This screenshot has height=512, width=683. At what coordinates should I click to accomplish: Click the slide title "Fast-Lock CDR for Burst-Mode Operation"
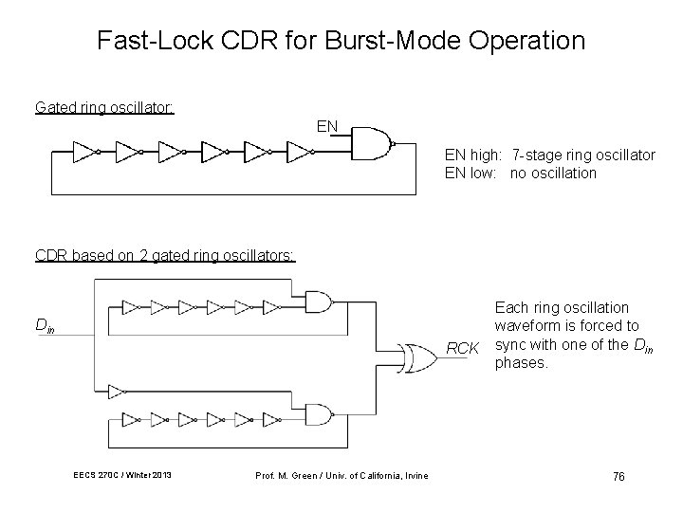(x=341, y=41)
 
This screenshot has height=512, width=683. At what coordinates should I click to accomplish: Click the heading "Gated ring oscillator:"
(x=104, y=108)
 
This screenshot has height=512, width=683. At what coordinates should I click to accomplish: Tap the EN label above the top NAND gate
(x=327, y=125)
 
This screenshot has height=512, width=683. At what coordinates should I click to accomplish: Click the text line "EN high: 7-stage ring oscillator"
(x=549, y=155)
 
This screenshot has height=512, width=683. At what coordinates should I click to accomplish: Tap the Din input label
(x=45, y=325)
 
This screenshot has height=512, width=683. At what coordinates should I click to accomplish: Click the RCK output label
(x=462, y=348)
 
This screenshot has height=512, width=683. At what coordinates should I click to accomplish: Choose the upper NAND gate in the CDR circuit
(x=320, y=302)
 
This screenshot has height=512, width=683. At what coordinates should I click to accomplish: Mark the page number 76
(x=618, y=475)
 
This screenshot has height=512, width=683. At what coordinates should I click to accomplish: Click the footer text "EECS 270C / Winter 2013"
(x=122, y=474)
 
